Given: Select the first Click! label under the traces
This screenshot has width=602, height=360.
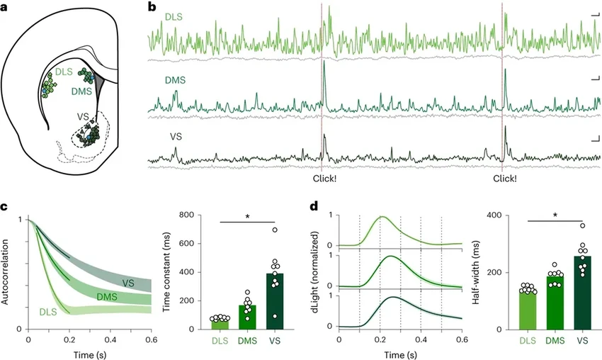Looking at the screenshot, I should (325, 179).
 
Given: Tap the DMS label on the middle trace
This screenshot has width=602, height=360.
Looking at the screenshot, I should (174, 81).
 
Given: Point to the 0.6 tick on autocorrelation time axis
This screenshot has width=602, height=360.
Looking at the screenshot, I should (151, 341).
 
